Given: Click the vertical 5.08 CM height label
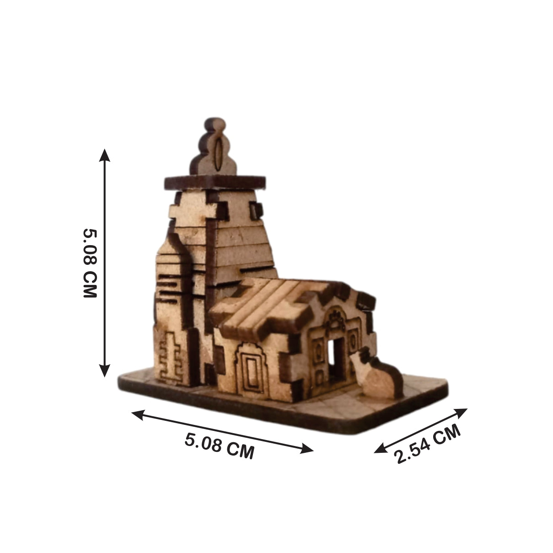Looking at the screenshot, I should [x=90, y=263].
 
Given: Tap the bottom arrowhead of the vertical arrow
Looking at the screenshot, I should [x=105, y=372].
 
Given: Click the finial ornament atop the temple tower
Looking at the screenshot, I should [x=215, y=149].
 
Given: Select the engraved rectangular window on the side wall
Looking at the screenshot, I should [x=251, y=370].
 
